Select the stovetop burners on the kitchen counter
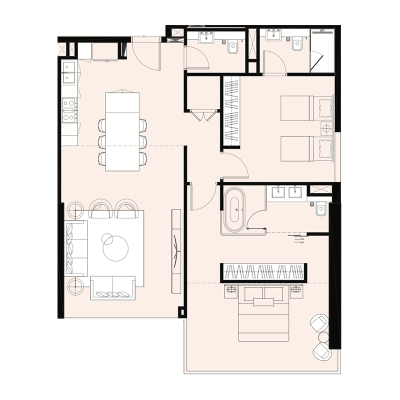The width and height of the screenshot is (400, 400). [x=69, y=109]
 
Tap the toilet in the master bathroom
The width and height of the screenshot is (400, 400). [x=320, y=209]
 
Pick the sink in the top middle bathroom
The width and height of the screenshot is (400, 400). [x=206, y=37]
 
